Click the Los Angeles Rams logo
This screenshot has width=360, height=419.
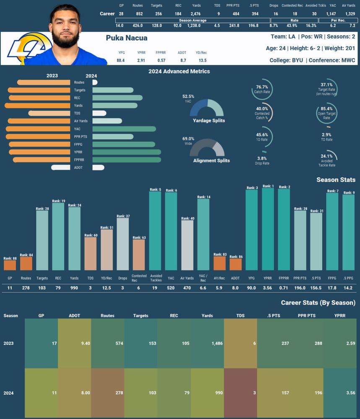[28, 49]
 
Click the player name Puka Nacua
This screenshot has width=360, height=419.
[127, 38]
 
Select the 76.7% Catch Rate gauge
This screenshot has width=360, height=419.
[262, 89]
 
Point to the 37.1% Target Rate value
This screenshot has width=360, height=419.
[326, 84]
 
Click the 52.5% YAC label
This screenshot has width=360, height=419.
[188, 96]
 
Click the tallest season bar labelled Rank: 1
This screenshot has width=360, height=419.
[268, 229]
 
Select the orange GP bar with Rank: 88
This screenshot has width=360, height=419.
[10, 265]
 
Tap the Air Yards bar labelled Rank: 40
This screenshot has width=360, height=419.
[187, 245]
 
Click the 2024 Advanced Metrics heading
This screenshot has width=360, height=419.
[179, 71]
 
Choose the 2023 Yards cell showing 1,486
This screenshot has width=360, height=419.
[207, 343]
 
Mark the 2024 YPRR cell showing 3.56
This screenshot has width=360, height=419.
[340, 393]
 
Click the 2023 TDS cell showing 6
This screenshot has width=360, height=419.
[240, 343]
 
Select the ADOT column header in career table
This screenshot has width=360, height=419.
[74, 316]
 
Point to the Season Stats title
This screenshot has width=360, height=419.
[336, 180]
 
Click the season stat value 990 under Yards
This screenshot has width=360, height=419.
[74, 288]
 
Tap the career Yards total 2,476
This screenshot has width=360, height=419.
[197, 14]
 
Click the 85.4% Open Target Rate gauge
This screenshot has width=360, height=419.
[326, 113]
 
